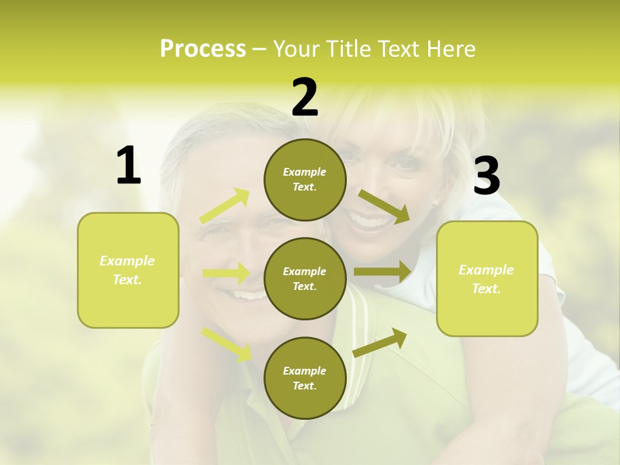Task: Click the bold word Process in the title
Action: point(203,49)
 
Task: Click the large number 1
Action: point(129,166)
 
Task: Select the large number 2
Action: point(305,98)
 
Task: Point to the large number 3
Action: point(486,176)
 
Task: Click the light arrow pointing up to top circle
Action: point(225,206)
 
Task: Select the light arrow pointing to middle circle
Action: point(226,273)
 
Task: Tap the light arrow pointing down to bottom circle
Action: point(227,343)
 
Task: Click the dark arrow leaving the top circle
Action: point(384,206)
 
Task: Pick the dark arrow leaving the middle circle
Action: point(382,272)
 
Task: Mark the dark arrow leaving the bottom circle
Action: point(380,342)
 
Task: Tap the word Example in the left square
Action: point(127,261)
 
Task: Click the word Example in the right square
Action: point(486,270)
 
